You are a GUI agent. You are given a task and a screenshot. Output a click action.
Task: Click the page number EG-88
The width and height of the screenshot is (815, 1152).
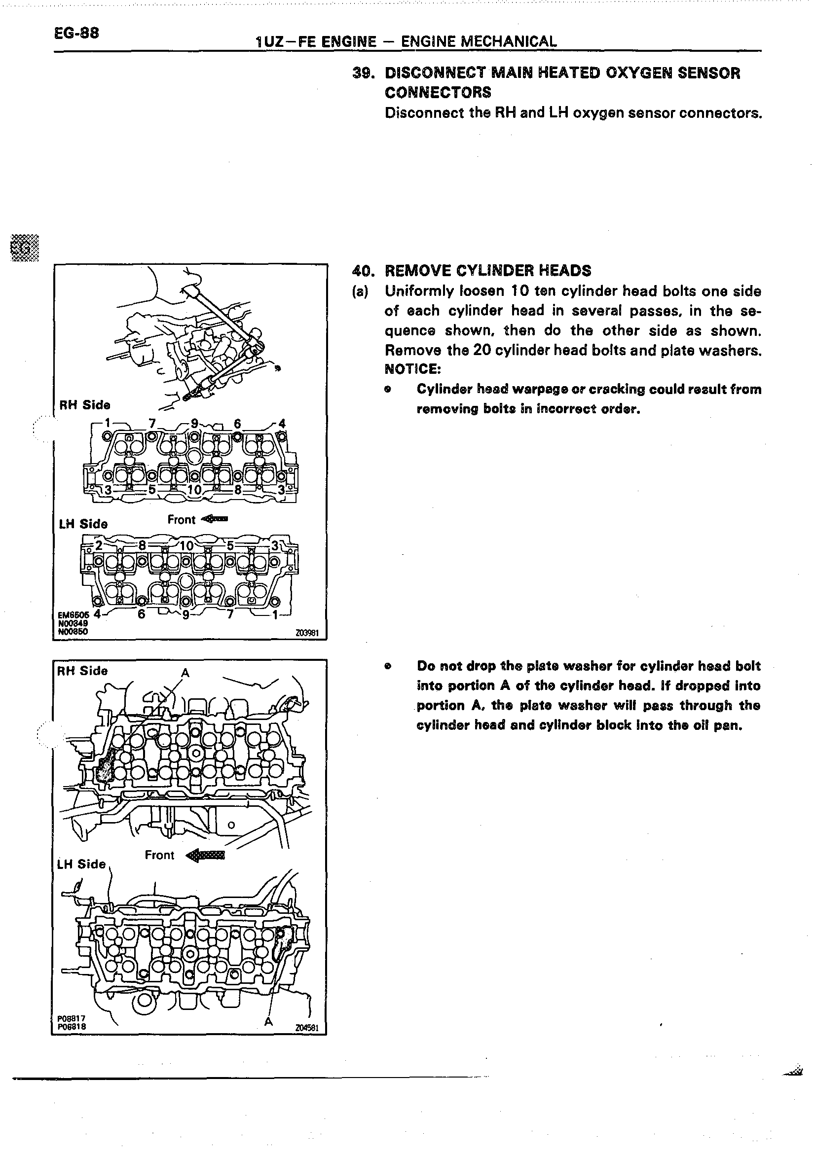[x=76, y=33]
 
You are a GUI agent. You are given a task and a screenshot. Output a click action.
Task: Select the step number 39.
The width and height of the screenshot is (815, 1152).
[x=362, y=73]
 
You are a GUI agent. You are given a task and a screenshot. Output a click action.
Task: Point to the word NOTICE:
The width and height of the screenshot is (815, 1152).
[x=412, y=369]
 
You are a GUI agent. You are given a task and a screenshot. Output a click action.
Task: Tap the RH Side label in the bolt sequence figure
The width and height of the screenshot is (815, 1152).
[x=85, y=405]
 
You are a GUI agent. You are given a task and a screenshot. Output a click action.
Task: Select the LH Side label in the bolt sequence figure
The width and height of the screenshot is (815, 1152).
[x=83, y=524]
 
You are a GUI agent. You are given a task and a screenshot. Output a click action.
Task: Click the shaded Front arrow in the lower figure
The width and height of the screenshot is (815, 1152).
[x=206, y=856]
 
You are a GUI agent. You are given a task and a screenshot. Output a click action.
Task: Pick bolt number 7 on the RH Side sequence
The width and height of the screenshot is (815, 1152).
[x=152, y=423]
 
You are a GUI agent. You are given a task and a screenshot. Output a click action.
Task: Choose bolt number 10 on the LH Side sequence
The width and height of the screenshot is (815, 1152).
[x=186, y=546]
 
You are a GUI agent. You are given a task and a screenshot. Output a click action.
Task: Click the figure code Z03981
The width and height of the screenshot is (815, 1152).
[x=307, y=633]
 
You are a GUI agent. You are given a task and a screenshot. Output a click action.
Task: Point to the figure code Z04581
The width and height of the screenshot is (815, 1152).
[x=308, y=1028]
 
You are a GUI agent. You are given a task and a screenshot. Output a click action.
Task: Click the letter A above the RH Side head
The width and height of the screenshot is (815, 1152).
[x=185, y=673]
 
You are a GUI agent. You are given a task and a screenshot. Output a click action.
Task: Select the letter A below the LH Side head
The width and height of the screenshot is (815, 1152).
[x=269, y=1021]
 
